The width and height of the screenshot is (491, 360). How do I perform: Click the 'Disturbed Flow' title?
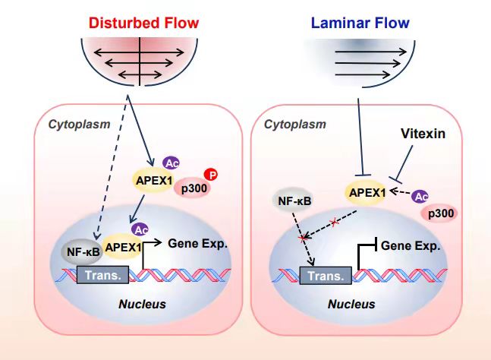click(x=140, y=23)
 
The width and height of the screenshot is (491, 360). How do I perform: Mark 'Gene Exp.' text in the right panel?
click(x=411, y=246)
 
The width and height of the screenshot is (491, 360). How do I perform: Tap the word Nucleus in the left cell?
click(x=142, y=305)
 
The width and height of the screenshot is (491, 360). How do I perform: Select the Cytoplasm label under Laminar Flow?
click(x=294, y=124)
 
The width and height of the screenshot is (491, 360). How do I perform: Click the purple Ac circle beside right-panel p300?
click(x=420, y=197)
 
